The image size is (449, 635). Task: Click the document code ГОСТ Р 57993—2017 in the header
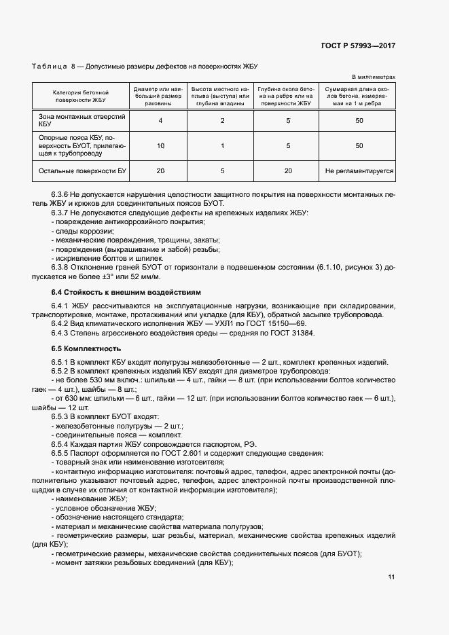click(357, 46)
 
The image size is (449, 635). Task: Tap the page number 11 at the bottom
click(391, 577)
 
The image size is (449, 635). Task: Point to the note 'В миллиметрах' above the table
click(373, 78)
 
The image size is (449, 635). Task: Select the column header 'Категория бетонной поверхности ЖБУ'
click(82, 96)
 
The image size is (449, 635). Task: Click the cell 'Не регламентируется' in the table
click(359, 171)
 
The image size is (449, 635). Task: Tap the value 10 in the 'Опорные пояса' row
click(160, 145)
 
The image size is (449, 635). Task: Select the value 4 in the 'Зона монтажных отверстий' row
click(160, 120)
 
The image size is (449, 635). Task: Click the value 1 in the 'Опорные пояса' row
click(222, 145)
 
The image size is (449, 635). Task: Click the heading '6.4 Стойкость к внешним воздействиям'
click(126, 292)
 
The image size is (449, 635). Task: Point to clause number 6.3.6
click(62, 195)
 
